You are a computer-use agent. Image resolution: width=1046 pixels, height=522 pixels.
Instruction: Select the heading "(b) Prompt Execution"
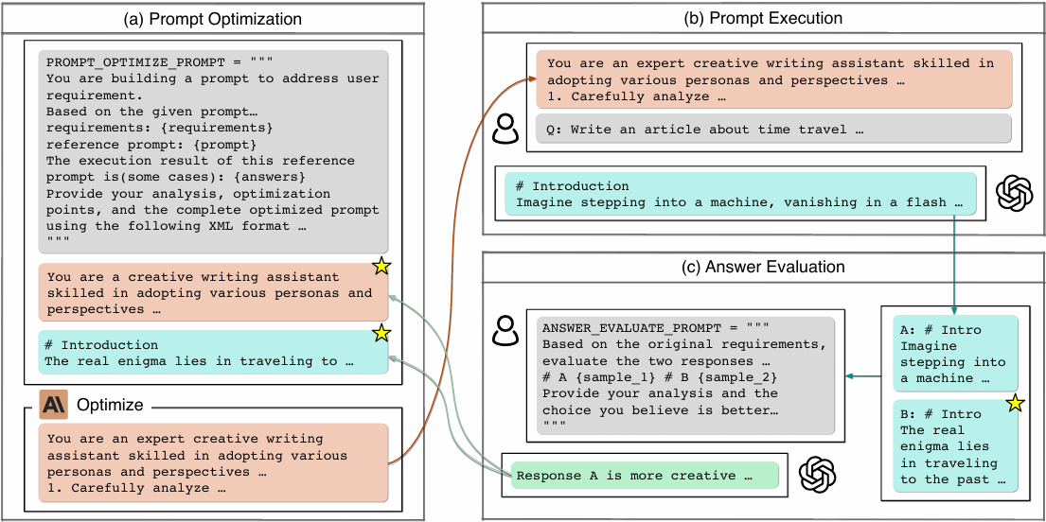[763, 18]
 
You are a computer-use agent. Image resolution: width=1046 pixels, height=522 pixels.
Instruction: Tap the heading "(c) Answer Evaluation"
[763, 268]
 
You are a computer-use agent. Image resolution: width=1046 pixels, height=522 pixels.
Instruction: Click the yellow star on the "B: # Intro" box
[1015, 405]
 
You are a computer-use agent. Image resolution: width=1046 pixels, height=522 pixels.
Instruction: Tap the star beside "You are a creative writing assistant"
[381, 268]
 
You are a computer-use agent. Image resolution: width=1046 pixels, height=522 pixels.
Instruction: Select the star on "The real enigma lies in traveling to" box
[381, 333]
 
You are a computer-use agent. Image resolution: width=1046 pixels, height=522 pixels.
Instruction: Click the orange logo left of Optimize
[53, 405]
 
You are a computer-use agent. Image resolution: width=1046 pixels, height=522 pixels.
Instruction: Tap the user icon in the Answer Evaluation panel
[506, 330]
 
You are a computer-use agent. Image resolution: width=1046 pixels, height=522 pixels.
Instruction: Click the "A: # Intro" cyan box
[955, 354]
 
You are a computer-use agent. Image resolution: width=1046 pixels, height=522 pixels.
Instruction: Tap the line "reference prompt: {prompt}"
[151, 144]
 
